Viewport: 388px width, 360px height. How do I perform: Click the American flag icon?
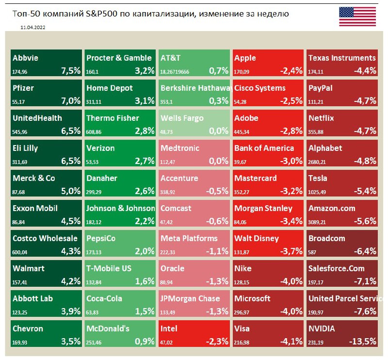(x=357, y=16)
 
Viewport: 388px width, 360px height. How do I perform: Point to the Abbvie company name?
(x=25, y=58)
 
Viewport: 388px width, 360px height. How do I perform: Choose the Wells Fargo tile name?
(x=182, y=118)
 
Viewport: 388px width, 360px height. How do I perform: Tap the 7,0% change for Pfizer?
(x=71, y=101)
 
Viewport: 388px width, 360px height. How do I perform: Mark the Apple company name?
(x=245, y=58)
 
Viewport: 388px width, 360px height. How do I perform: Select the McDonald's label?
(x=108, y=328)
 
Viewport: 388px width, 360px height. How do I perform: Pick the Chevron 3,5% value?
(x=71, y=341)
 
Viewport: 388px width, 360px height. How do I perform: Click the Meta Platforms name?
(x=189, y=238)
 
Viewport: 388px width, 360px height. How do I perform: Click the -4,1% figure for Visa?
(x=290, y=341)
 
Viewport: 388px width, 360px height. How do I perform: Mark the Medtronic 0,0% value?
(x=218, y=161)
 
